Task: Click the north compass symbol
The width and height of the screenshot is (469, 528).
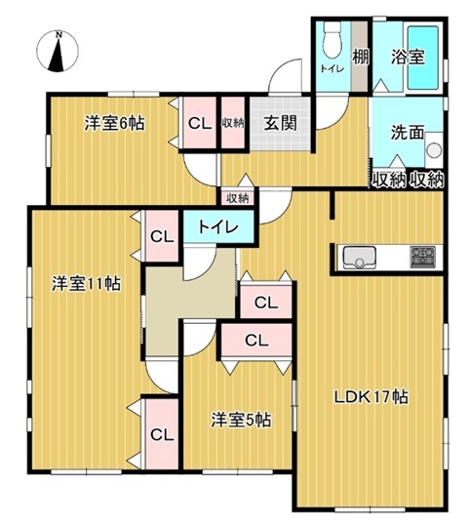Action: coord(58,51)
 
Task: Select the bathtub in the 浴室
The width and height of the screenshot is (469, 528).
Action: coord(423,58)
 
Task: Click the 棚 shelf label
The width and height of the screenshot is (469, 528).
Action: coord(361,57)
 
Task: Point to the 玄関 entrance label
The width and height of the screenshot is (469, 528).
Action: coord(280,123)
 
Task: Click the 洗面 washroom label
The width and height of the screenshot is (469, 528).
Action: coord(408,133)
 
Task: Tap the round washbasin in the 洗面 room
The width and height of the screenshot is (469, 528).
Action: coord(434,150)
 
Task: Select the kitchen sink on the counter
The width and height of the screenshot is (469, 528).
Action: coord(359,258)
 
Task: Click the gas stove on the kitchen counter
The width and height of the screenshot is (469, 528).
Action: coord(422,257)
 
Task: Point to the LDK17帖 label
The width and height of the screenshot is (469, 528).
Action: coord(371,397)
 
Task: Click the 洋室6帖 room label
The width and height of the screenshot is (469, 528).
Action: coord(115,123)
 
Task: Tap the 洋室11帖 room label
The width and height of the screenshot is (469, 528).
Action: coord(86,283)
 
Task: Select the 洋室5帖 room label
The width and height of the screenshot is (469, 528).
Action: coord(241,420)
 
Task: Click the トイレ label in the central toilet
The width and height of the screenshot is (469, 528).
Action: coord(218,227)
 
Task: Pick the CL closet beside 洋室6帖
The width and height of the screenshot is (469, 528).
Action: coord(200,123)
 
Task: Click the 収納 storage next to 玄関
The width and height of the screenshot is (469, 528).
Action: coord(233,123)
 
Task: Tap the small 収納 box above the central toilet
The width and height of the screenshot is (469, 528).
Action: coord(238,198)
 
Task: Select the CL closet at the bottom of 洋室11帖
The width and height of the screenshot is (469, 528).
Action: coord(162,434)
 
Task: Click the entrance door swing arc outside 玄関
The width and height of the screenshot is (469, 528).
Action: coord(286,74)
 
